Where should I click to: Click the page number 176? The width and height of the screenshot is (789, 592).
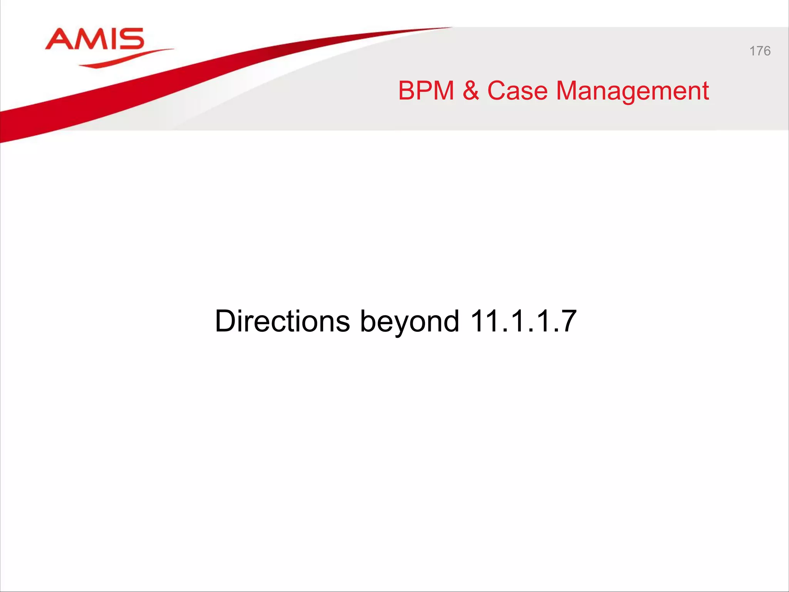click(760, 51)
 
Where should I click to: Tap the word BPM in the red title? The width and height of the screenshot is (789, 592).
click(426, 91)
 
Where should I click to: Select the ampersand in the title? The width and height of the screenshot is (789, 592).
click(471, 91)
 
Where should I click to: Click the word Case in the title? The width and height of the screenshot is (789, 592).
click(517, 91)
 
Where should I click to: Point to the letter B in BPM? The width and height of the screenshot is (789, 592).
click(406, 91)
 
